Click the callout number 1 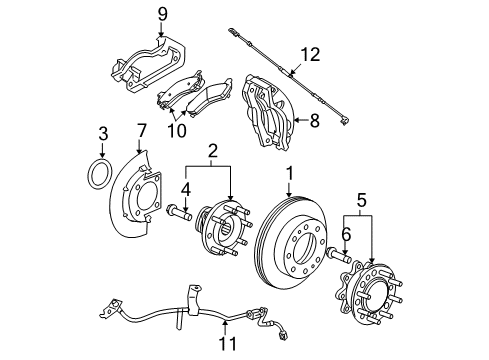coord(289,173)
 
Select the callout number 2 coord(213,150)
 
